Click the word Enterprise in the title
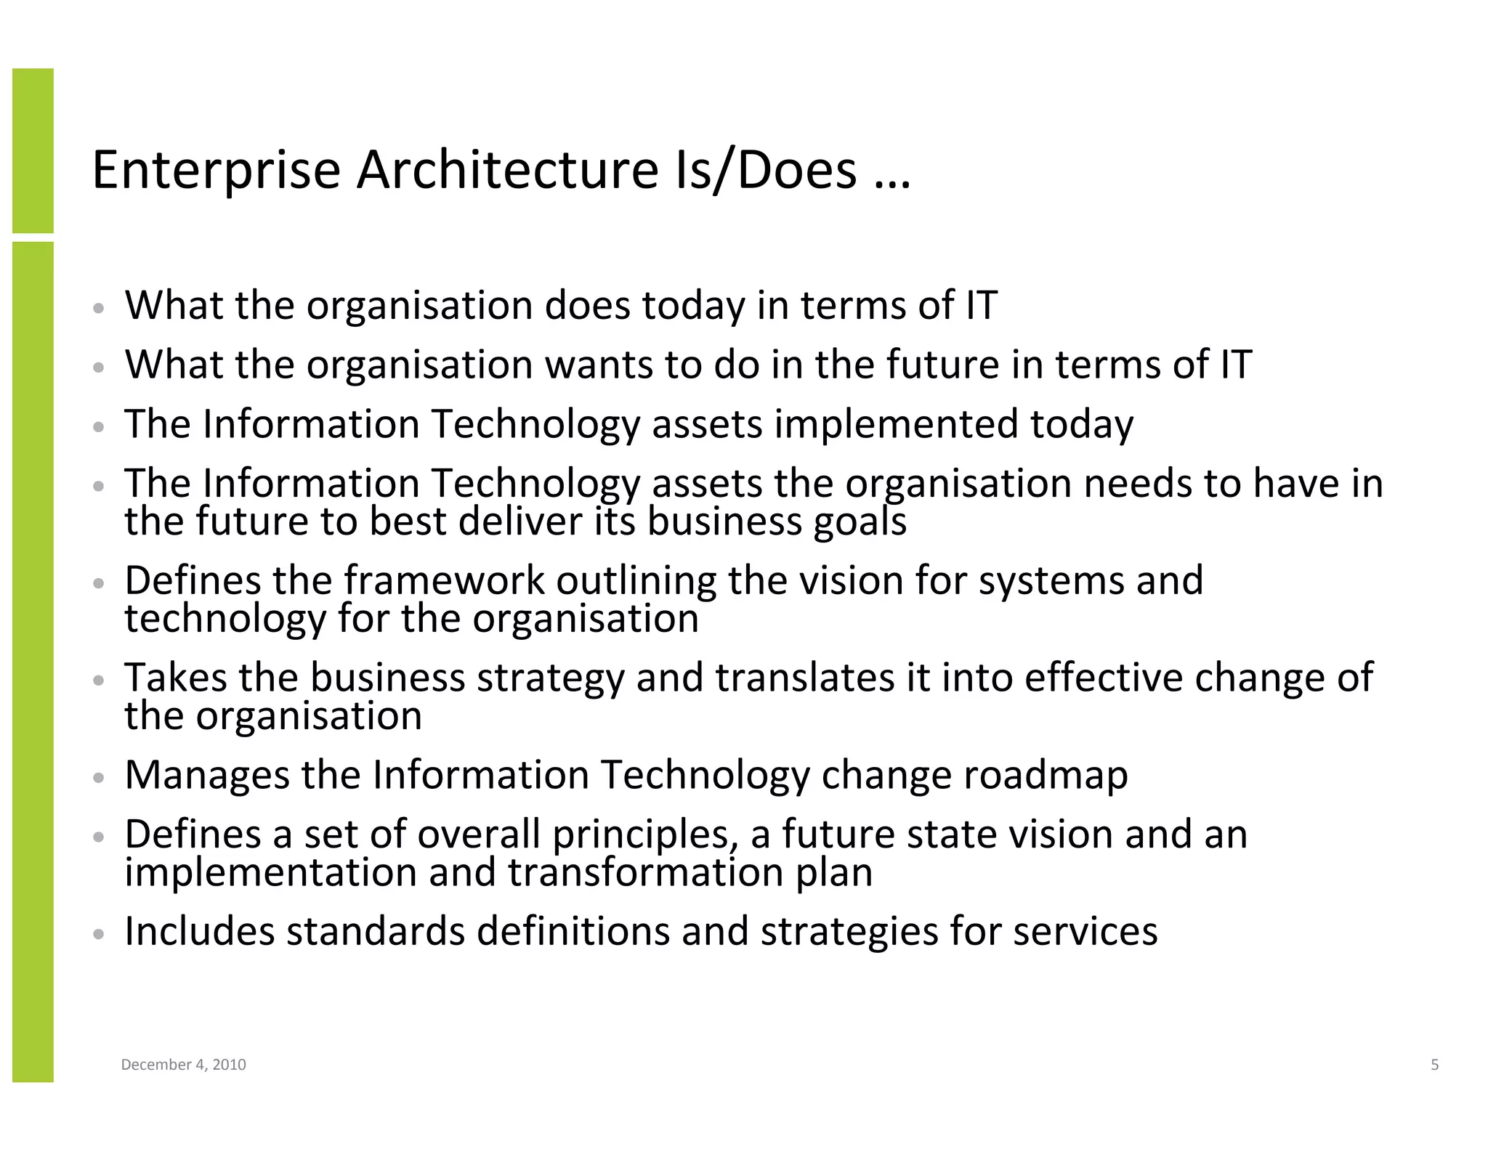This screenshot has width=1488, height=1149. (216, 171)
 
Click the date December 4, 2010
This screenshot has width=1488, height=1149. (183, 1065)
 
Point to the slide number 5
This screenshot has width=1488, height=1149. (1434, 1065)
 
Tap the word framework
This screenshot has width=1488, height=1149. (444, 580)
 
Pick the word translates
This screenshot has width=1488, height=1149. (804, 678)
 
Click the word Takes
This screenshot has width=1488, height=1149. (175, 678)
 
